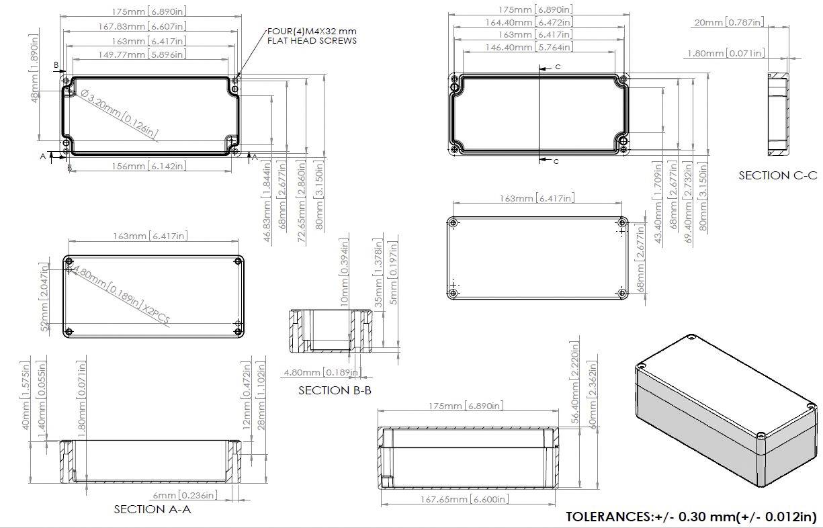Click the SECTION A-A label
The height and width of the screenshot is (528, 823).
coord(153,509)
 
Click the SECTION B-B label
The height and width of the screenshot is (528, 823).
coord(335,390)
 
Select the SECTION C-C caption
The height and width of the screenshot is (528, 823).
coord(777,175)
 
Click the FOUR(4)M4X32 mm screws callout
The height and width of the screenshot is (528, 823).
coord(312,36)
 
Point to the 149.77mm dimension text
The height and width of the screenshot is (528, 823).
coord(142,54)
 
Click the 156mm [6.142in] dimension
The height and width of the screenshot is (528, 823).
coord(148,166)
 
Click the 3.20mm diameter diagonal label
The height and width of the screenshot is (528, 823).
coord(120,115)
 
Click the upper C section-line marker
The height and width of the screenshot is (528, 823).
coord(557,67)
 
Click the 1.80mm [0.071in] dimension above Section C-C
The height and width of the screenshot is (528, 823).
coord(726,53)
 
